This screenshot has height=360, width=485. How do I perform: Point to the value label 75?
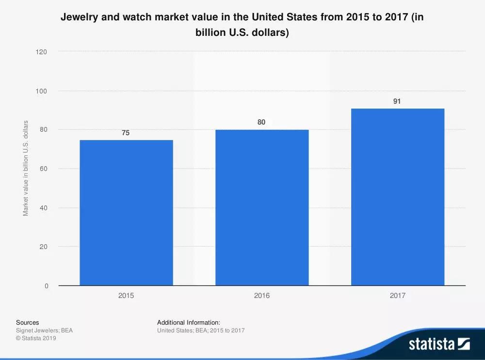[126, 133]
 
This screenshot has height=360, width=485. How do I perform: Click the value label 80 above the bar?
[261, 123]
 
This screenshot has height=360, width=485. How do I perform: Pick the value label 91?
[397, 101]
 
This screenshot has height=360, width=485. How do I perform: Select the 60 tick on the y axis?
[43, 169]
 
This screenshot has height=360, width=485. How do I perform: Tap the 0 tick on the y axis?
[47, 286]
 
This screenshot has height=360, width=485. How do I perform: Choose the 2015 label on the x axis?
[126, 296]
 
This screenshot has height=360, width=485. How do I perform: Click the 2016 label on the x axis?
[262, 296]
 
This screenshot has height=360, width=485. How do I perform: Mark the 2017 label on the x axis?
[398, 296]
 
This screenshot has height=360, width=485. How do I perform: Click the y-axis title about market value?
[26, 168]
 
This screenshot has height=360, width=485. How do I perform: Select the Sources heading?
[28, 322]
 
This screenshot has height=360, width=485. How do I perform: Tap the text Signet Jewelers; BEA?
[44, 330]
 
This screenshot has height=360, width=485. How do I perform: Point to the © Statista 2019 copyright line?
[36, 338]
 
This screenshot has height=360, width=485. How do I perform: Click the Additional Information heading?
[189, 322]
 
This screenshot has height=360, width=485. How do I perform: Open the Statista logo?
[439, 344]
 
